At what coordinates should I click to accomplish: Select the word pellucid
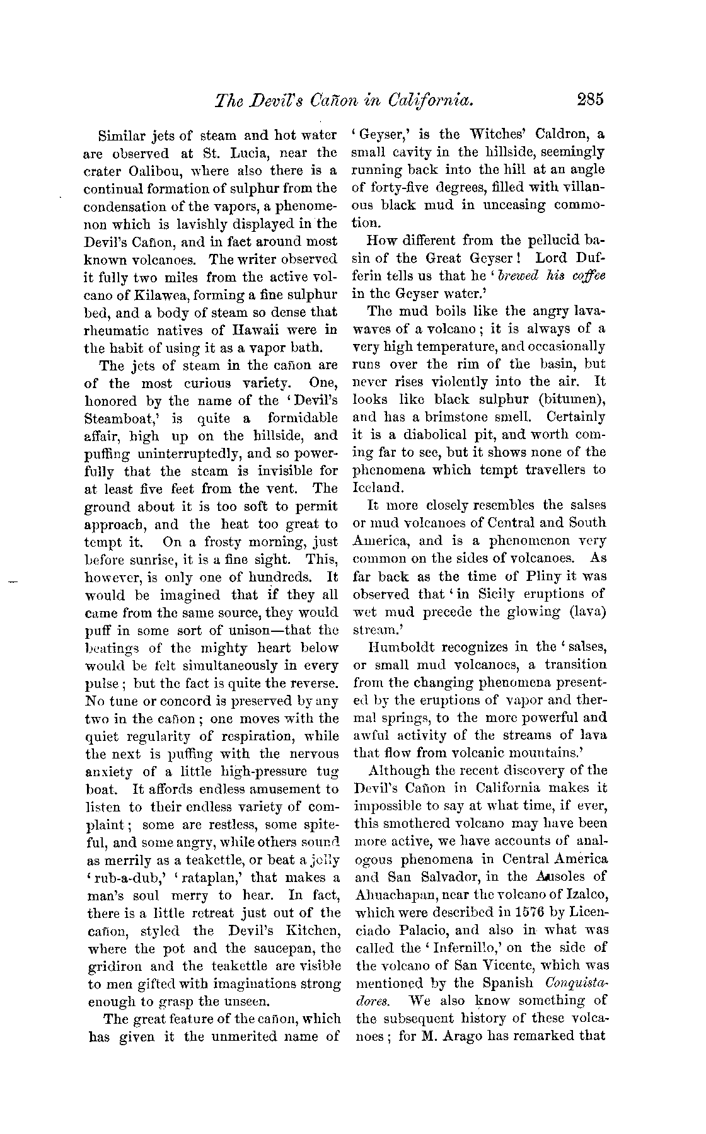click(x=536, y=240)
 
